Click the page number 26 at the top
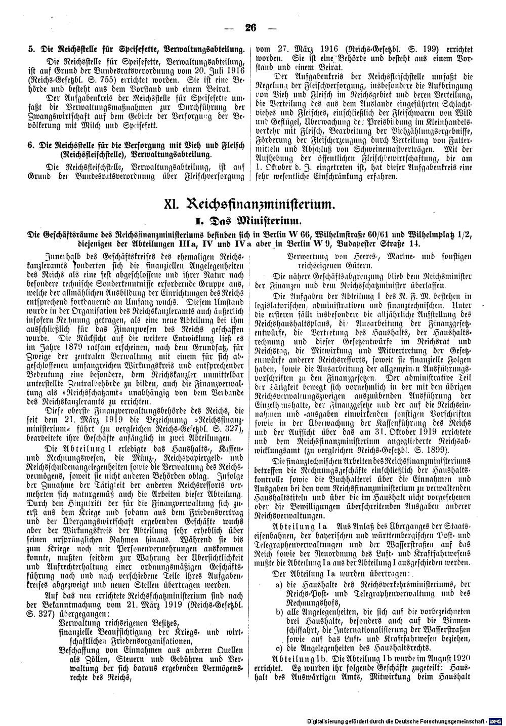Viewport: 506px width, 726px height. point(250,28)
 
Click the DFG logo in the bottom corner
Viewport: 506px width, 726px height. point(498,719)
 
